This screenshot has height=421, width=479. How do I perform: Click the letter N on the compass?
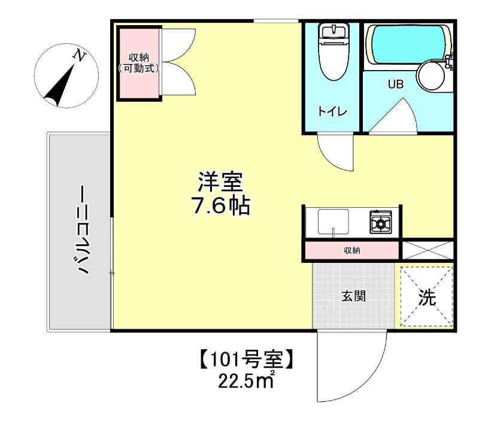pyautogui.click(x=78, y=56)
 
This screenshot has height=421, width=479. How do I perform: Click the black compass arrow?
pyautogui.click(x=60, y=86)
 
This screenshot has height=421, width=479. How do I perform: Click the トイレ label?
pyautogui.click(x=330, y=111)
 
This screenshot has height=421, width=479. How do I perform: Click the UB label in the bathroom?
pyautogui.click(x=396, y=84)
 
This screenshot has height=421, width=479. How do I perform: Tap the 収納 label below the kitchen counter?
pyautogui.click(x=351, y=250)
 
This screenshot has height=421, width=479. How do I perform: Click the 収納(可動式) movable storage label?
pyautogui.click(x=139, y=63)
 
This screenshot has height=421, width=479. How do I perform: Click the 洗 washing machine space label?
pyautogui.click(x=426, y=298)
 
